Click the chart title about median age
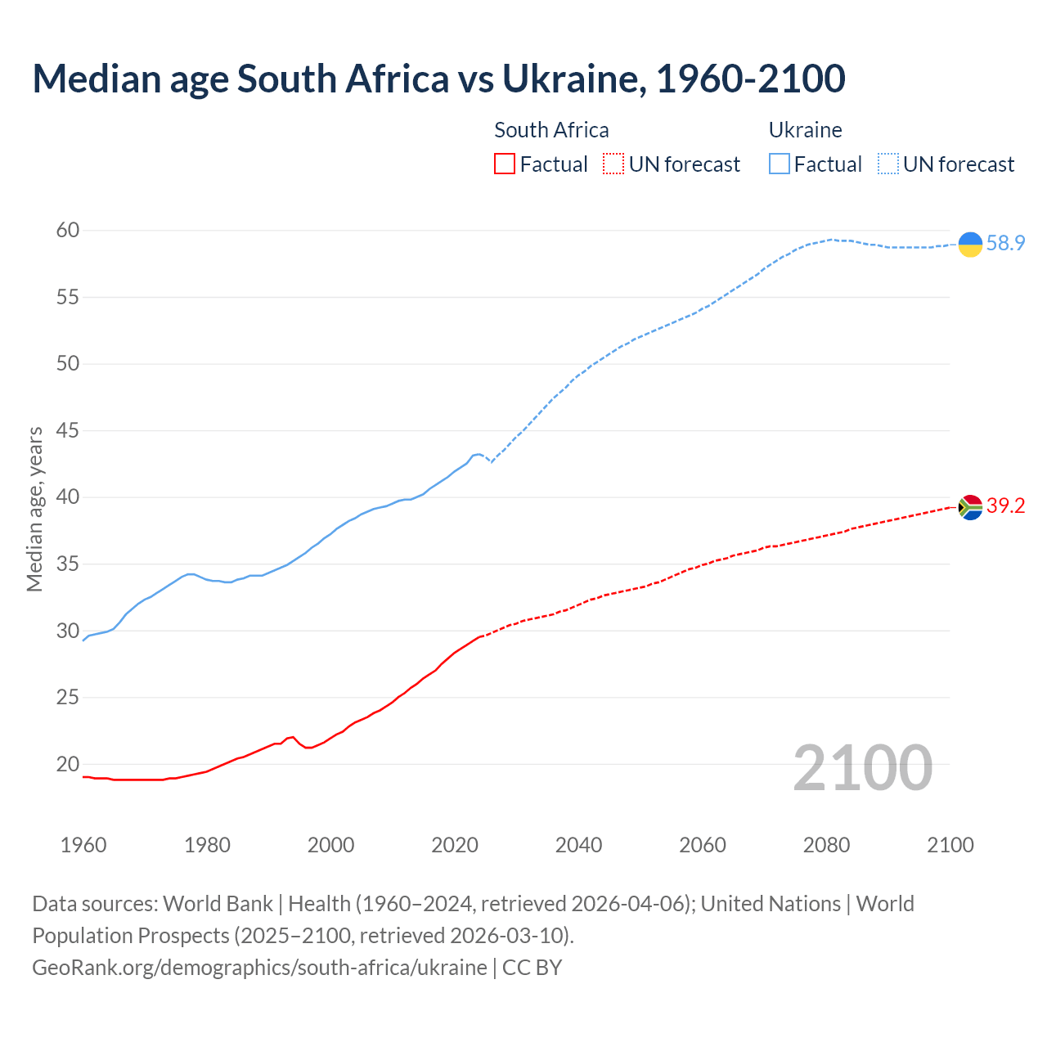pyautogui.click(x=438, y=79)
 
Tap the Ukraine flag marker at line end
pyautogui.click(x=970, y=244)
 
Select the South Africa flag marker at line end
pyautogui.click(x=970, y=507)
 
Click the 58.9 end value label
pyautogui.click(x=1005, y=244)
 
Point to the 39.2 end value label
pyautogui.click(x=1005, y=506)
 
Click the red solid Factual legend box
pyautogui.click(x=505, y=164)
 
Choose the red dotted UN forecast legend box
pyautogui.click(x=613, y=164)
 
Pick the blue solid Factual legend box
pyautogui.click(x=780, y=164)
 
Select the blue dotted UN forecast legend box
pyautogui.click(x=887, y=164)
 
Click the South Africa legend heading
pyautogui.click(x=551, y=130)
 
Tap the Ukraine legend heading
pyautogui.click(x=805, y=130)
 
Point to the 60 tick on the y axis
pyautogui.click(x=68, y=231)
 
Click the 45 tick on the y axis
pyautogui.click(x=68, y=430)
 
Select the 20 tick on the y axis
pyautogui.click(x=68, y=765)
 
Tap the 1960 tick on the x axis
pyautogui.click(x=83, y=845)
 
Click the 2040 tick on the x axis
pyautogui.click(x=578, y=845)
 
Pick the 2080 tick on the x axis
pyautogui.click(x=826, y=845)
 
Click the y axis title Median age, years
pyautogui.click(x=34, y=509)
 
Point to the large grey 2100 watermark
pyautogui.click(x=863, y=767)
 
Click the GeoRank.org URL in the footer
pyautogui.click(x=259, y=968)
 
